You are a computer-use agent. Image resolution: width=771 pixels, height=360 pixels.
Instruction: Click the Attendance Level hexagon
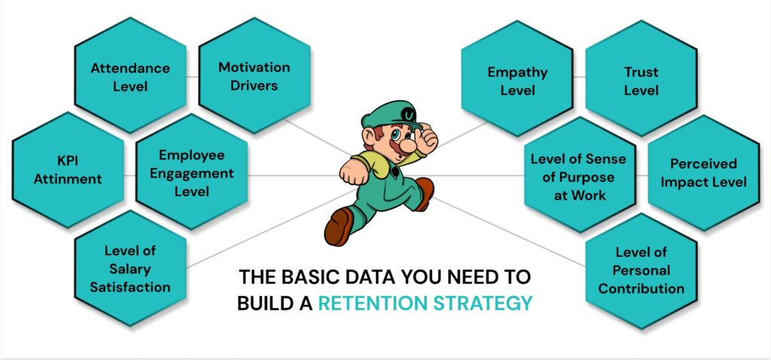[130, 76]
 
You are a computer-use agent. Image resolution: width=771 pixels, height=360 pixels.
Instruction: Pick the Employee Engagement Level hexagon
[191, 173]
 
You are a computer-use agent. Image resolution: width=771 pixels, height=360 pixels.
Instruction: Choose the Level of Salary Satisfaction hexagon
[130, 268]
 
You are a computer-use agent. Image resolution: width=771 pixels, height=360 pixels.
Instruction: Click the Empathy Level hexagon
[517, 81]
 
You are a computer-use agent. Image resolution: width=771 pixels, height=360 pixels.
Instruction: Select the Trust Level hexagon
[641, 81]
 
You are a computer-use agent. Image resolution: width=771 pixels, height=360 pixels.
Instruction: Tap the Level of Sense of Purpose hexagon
[578, 176]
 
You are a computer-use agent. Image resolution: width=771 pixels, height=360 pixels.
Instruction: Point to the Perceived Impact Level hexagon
[702, 173]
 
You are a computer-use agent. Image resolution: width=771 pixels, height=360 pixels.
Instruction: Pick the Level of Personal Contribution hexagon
[641, 270]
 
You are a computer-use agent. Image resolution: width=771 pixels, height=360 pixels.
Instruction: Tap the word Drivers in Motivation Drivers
[254, 85]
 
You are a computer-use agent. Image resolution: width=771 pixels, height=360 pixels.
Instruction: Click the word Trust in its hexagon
[641, 72]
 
